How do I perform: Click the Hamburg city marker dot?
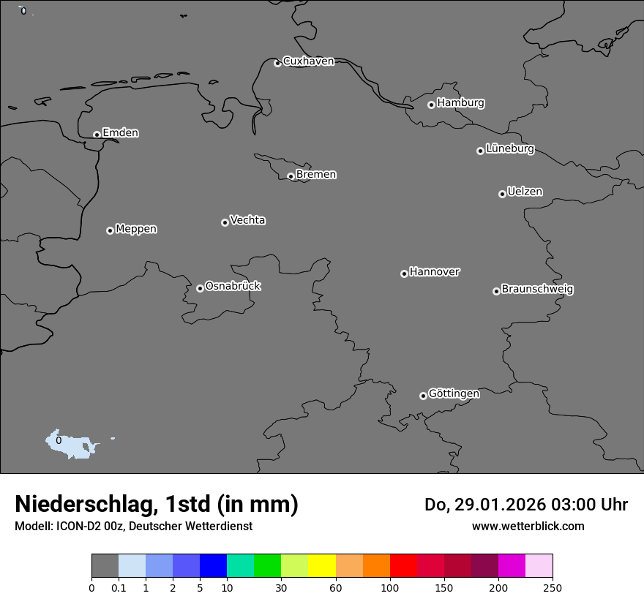click(431, 105)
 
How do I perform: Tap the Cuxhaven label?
click(308, 61)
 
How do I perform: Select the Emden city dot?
click(97, 135)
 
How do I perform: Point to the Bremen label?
click(316, 175)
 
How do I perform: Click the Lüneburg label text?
click(509, 149)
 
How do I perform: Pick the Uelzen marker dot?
click(502, 194)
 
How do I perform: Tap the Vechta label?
click(247, 220)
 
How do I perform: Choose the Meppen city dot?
click(110, 230)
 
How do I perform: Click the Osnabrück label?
click(233, 286)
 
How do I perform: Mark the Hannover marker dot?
click(404, 274)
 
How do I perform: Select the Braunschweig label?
click(537, 290)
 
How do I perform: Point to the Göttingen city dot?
click(423, 396)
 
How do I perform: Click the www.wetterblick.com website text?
click(528, 527)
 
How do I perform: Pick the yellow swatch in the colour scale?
click(322, 566)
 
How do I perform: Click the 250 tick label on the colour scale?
click(552, 588)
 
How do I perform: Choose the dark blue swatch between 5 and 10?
click(213, 566)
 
